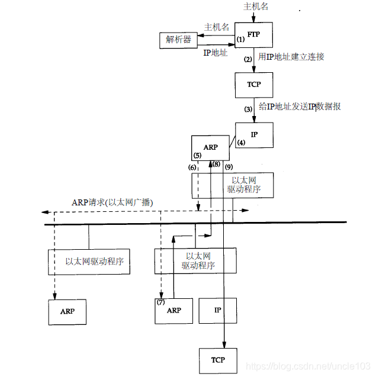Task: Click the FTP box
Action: [x=255, y=35]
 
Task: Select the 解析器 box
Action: [x=178, y=40]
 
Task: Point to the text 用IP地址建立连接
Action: [x=291, y=57]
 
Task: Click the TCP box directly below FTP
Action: [x=254, y=85]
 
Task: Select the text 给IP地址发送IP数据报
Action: [x=300, y=107]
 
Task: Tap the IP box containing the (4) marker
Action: [x=255, y=134]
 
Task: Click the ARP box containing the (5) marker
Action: [x=210, y=147]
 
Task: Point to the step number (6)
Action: [x=192, y=167]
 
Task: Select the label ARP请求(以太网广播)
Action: [x=113, y=202]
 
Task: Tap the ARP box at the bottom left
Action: [x=68, y=311]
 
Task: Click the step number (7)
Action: [x=160, y=302]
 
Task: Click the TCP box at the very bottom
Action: [x=218, y=359]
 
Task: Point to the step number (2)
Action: [x=249, y=59]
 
